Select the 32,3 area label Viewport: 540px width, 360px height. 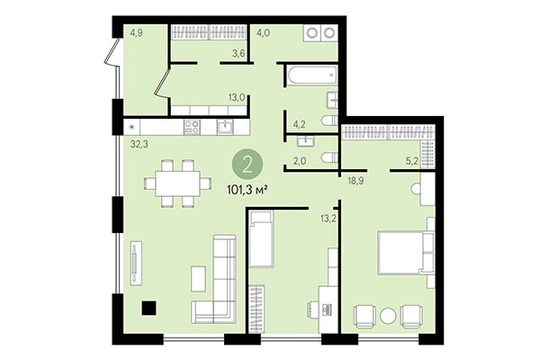pos(138,143)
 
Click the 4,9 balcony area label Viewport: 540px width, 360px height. pos(137,34)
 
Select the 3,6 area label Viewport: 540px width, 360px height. pos(239,53)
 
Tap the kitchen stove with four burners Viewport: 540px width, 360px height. pos(192,127)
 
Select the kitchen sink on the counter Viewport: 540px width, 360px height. pos(225,127)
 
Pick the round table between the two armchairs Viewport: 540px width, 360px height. pos(387,316)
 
